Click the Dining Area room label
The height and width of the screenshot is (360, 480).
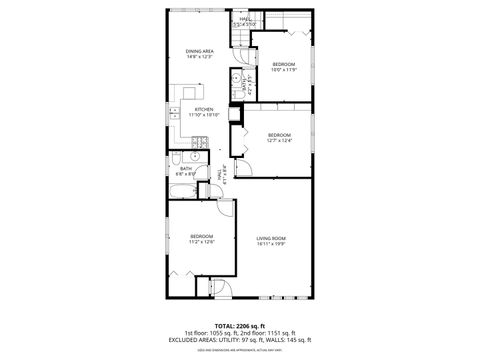200,50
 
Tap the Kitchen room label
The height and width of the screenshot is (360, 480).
203,109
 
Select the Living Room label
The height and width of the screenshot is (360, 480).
271,237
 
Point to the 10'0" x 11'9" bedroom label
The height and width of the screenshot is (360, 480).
286,64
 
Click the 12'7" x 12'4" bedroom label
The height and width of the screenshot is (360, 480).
278,135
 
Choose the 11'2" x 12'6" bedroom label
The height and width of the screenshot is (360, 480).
202,236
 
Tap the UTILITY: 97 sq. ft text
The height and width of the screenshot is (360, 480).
235,340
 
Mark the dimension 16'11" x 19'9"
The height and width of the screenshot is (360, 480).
271,243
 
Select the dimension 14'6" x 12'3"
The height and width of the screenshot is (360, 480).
200,56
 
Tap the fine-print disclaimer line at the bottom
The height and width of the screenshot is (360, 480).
240,350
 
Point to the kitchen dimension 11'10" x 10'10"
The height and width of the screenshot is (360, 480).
203,115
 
